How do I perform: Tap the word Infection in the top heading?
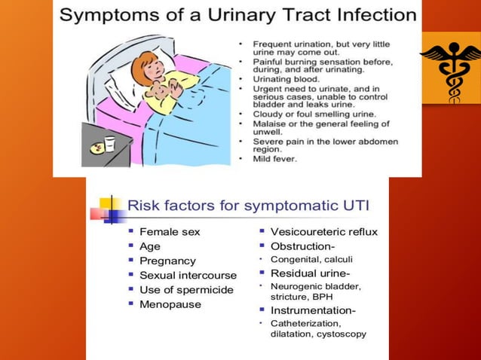pos(374,15)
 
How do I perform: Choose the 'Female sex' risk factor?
pos(170,232)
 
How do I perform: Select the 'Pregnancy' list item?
pos(167,261)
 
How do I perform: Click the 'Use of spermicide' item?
pos(186,290)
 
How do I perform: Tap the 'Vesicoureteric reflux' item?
pos(323,232)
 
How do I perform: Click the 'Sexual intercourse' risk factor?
pos(188,276)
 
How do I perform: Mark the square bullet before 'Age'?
pos(131,246)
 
